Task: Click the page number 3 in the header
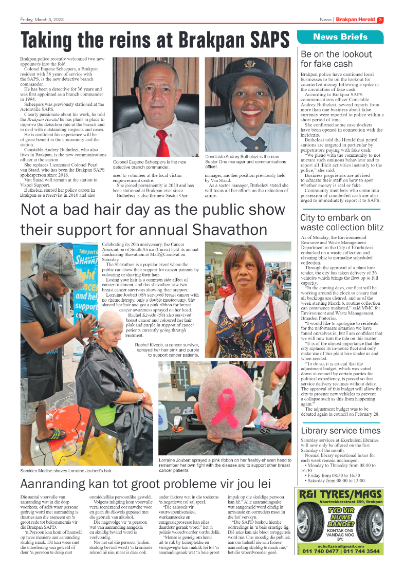[380, 20]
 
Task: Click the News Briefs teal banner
[340, 37]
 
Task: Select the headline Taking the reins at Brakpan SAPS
[155, 39]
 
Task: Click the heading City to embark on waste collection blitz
[335, 223]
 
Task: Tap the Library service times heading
[340, 431]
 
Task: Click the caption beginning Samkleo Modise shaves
[66, 471]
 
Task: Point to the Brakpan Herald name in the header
[356, 20]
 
